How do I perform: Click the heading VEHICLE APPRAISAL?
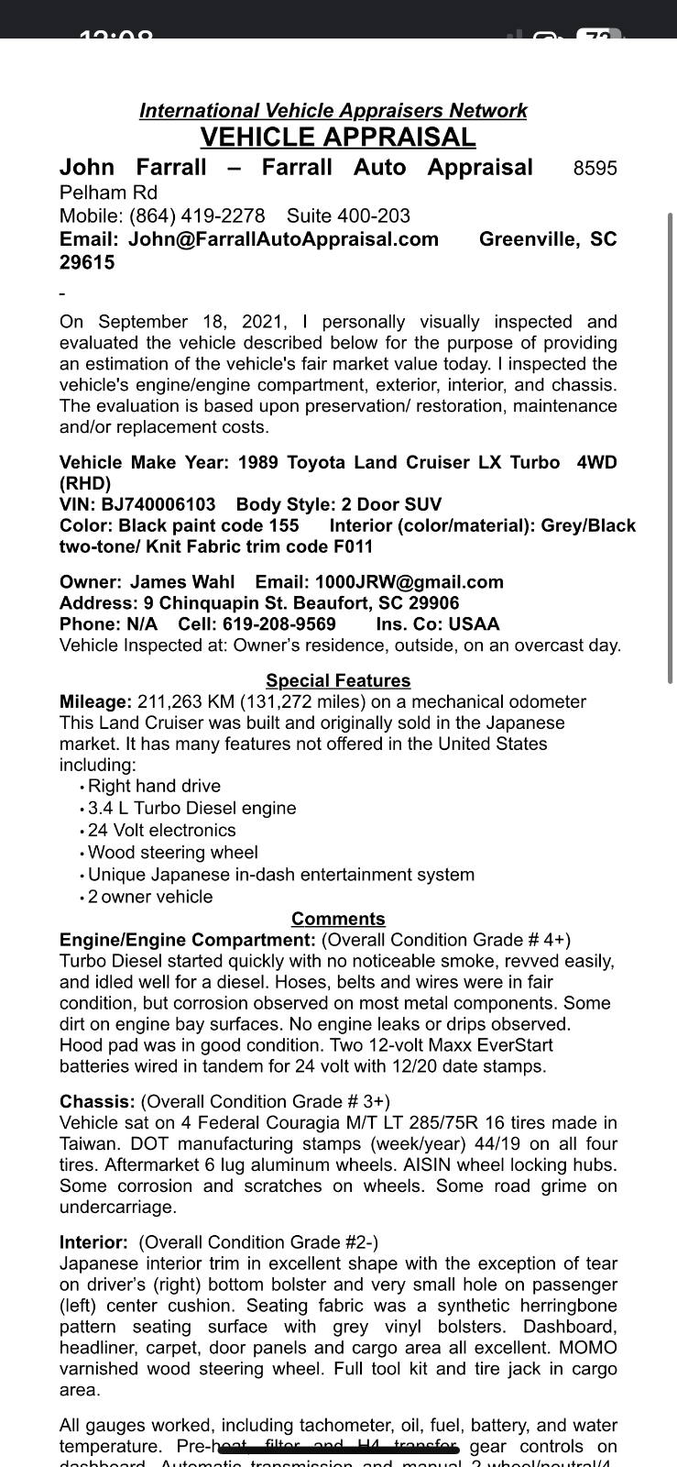pos(338,138)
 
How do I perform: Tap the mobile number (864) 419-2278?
pos(197,216)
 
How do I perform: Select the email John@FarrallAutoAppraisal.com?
pos(283,239)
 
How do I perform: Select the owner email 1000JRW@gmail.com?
pos(409,582)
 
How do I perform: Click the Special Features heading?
pos(338,680)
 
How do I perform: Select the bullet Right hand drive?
pos(154,786)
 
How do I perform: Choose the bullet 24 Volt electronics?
pos(161,831)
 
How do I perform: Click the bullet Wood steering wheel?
pos(172,853)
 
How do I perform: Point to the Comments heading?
pos(338,919)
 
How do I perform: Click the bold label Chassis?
pos(97,1101)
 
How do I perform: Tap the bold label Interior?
pos(93,1242)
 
